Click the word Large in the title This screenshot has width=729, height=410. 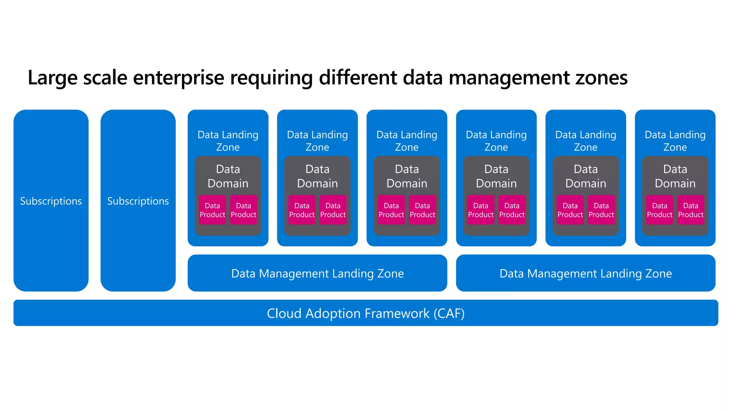pos(52,78)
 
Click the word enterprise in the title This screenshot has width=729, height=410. pos(178,78)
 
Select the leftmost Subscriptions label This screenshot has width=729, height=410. pos(51,201)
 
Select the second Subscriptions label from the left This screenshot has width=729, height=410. pos(138,201)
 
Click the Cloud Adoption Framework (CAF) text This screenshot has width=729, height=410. pos(366,314)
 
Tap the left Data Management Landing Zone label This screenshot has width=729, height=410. pos(317,273)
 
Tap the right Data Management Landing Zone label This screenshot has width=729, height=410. pos(586,273)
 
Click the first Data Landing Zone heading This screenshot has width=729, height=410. pos(228,141)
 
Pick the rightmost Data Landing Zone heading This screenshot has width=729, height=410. pos(675,141)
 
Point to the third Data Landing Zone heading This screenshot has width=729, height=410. pos(407,141)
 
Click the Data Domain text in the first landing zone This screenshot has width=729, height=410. pos(228,176)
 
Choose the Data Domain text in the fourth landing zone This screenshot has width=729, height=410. pos(496,176)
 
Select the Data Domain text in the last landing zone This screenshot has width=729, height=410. pos(675,176)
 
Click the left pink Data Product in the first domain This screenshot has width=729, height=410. pos(213,210)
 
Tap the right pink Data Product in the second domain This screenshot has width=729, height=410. pos(333,210)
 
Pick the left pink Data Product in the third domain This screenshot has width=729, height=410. pos(391,210)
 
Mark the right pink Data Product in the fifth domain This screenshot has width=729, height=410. pos(601,210)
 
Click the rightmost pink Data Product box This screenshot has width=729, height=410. pos(691,210)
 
